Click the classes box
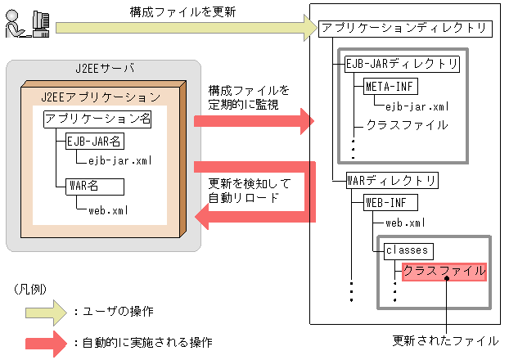[x=408, y=249]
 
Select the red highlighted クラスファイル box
[x=444, y=271]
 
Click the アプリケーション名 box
[x=98, y=119]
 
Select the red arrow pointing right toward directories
[x=254, y=122]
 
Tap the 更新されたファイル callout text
[x=446, y=340]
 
